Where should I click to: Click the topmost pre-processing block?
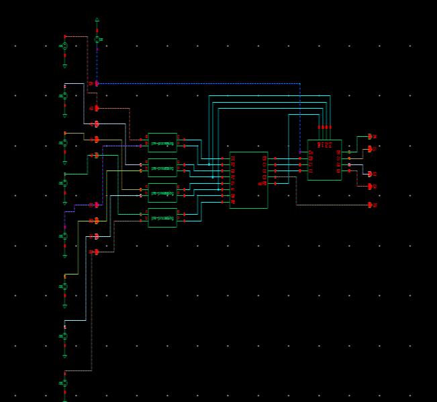tap(162, 142)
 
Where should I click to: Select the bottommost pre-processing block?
tap(162, 218)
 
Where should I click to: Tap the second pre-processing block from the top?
tap(162, 168)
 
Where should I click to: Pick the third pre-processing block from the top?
tap(162, 193)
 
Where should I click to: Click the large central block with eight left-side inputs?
tap(248, 180)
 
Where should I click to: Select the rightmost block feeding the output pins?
tap(324, 160)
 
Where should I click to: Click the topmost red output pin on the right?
tap(371, 136)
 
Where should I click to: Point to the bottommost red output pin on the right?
tap(371, 205)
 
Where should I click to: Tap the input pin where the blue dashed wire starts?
tap(97, 84)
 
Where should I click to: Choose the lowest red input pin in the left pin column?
tap(97, 252)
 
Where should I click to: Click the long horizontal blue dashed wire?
tap(201, 84)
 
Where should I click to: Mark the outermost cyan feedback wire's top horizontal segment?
tap(269, 95)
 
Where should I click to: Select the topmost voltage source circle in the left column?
tap(65, 46)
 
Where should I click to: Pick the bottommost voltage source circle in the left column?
tap(65, 383)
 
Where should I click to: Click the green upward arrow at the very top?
tap(97, 20)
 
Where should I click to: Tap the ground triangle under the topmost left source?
tap(65, 66)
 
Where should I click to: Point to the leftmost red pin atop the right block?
tap(320, 127)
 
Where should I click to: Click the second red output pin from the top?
tap(371, 149)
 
